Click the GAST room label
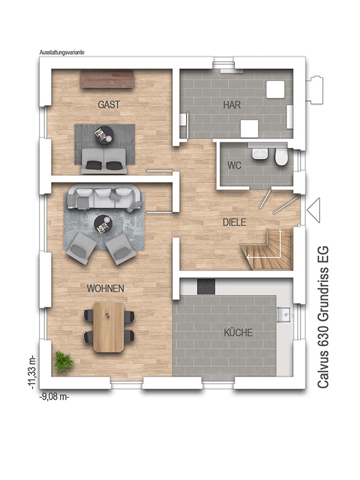tap(109, 104)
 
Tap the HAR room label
tap(232, 104)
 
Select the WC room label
tap(234, 165)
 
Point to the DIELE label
tap(235, 222)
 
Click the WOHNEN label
tap(106, 289)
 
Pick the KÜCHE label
tap(238, 332)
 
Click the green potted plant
tap(64, 362)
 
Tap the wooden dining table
tap(109, 326)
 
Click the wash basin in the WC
tap(260, 154)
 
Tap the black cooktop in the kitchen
tap(205, 287)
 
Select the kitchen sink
tap(285, 313)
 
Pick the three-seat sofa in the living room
tap(104, 197)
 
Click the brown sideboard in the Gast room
tap(107, 79)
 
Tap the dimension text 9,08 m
tap(55, 397)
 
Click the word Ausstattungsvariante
tap(61, 52)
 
